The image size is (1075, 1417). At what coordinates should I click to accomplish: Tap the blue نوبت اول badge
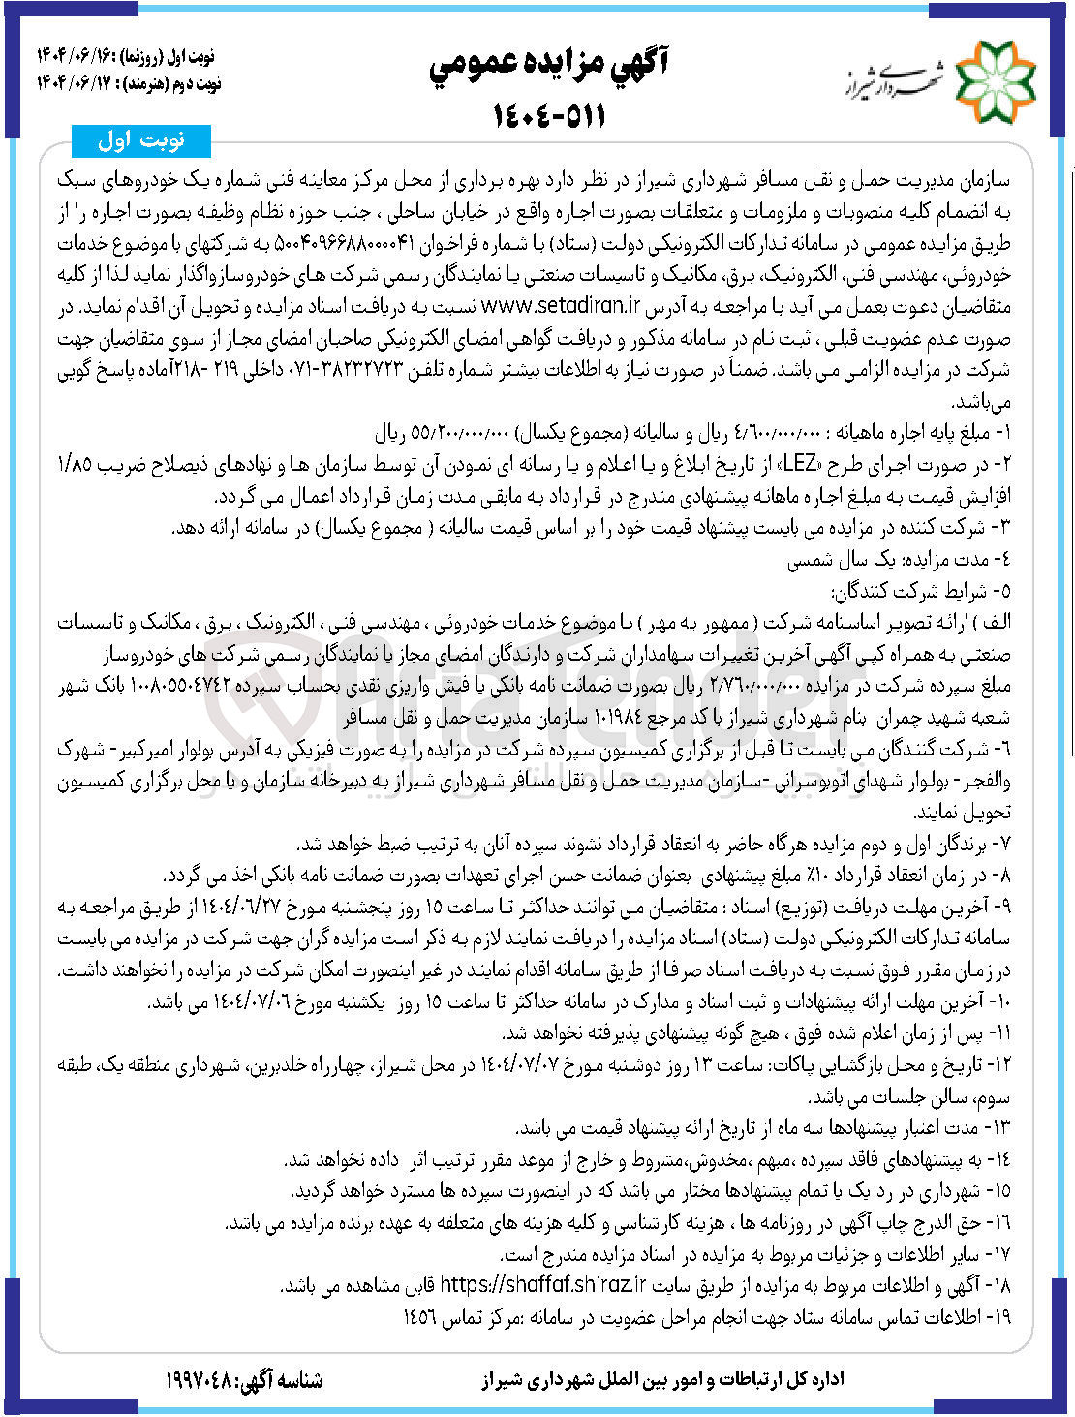141,141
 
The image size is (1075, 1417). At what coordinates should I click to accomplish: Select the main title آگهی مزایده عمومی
550,65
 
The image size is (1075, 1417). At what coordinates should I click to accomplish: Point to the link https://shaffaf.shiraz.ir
542,1285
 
